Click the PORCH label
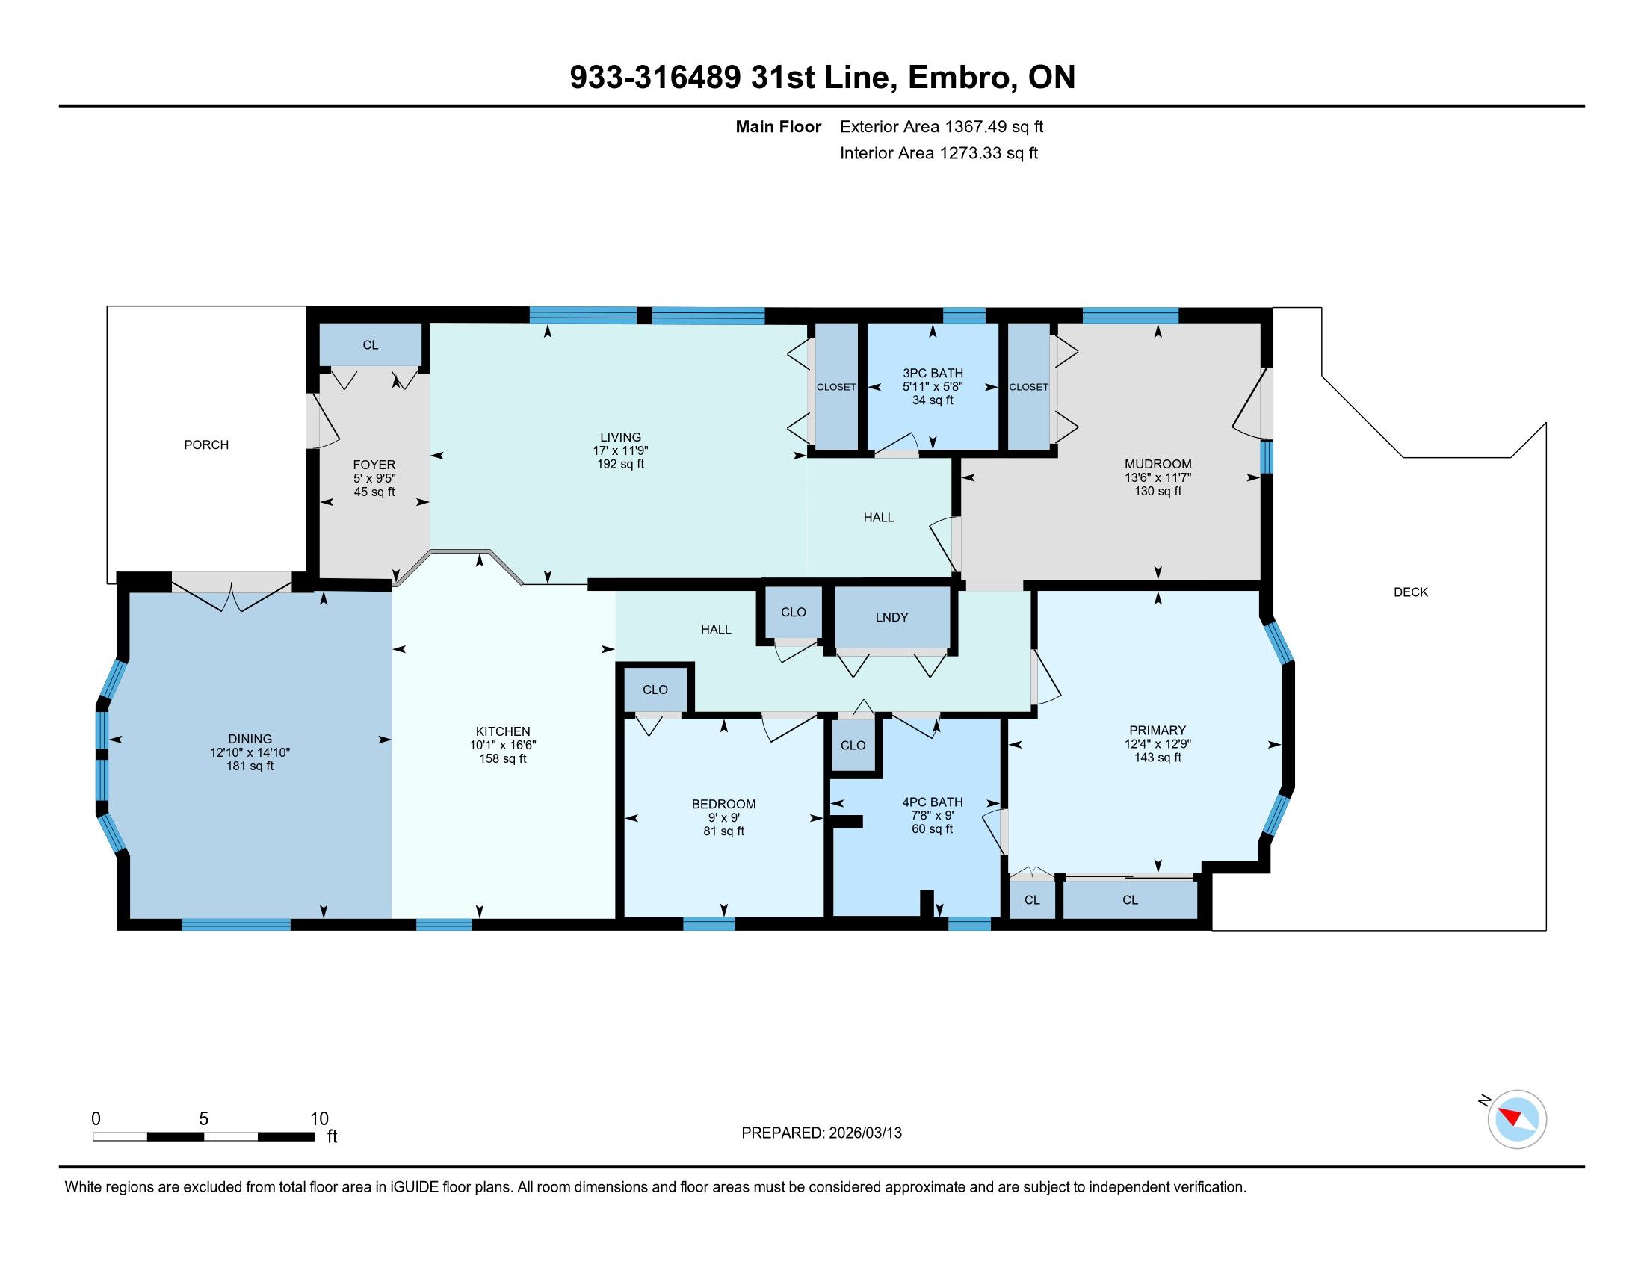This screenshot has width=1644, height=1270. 206,444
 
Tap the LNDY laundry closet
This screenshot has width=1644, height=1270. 892,617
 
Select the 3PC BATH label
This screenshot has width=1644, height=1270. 933,374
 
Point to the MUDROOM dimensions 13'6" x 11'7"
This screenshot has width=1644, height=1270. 1158,478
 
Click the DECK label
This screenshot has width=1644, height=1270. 1411,592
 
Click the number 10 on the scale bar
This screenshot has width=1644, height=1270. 319,1119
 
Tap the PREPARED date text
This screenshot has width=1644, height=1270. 821,1133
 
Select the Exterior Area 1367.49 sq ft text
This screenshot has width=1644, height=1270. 942,126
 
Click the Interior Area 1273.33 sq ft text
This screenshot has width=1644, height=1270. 939,153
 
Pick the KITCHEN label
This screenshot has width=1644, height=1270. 503,731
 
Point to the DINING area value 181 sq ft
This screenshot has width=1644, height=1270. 250,766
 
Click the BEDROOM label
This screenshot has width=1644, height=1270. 723,805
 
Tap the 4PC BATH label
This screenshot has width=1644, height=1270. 932,802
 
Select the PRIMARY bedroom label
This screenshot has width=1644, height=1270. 1158,730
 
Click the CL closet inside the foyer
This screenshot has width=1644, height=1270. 371,344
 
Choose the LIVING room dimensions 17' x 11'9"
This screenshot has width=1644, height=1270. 620,450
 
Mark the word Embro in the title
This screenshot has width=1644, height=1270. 959,78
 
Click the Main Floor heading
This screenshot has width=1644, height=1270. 779,126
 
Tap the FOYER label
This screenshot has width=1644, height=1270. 374,465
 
